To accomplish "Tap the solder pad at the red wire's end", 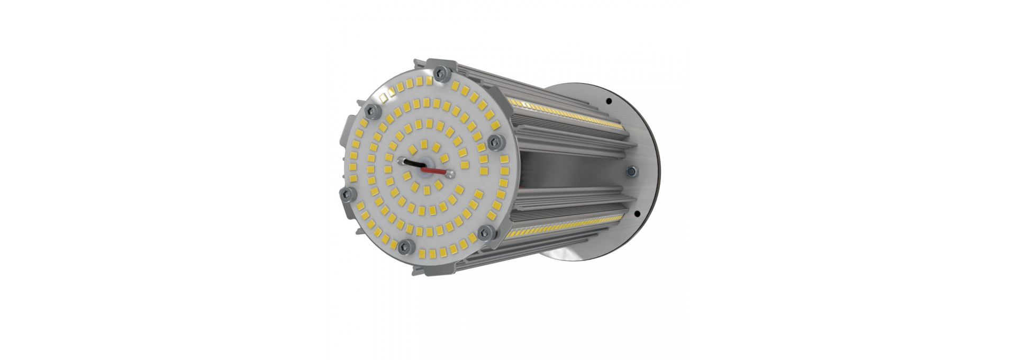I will (450, 173).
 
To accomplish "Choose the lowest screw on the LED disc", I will (406, 244).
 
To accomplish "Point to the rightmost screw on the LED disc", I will (496, 140).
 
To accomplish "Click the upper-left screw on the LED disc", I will (371, 110).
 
